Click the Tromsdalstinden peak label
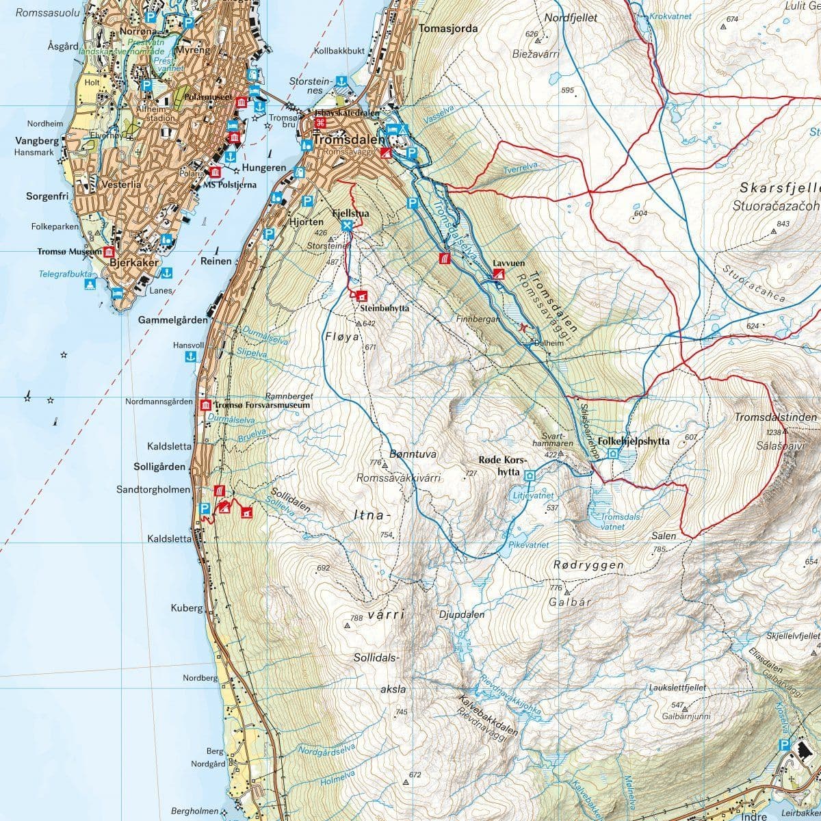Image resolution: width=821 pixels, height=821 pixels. (x=777, y=417)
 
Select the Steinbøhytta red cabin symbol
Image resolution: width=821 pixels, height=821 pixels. (x=361, y=296)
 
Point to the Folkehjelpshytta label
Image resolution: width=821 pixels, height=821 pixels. (x=633, y=441)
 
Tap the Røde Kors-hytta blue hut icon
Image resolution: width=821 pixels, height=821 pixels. (x=530, y=473)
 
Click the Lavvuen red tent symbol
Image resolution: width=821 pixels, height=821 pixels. (x=499, y=274)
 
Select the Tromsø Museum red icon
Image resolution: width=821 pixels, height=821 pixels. (x=107, y=252)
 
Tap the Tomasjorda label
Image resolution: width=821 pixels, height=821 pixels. (x=447, y=29)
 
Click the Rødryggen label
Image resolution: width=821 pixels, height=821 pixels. (x=588, y=565)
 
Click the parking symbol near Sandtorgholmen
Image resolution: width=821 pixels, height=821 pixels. (x=203, y=508)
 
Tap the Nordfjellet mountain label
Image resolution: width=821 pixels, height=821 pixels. (x=572, y=18)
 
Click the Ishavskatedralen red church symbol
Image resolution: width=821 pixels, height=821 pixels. (x=320, y=123)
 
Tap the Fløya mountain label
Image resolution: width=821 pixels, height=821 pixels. (x=341, y=337)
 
